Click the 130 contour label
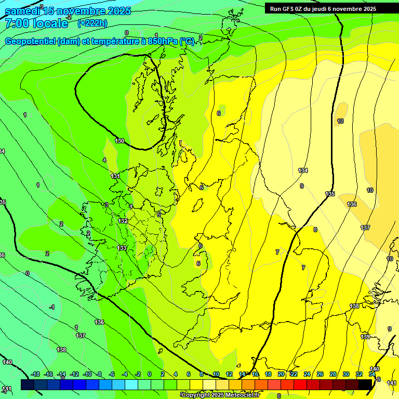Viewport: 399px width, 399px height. pyautogui.click(x=119, y=141)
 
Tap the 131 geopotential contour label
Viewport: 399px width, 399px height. pyautogui.click(x=115, y=176)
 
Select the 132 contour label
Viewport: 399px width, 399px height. pyautogui.click(x=123, y=221)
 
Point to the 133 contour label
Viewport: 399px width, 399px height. pyautogui.click(x=122, y=248)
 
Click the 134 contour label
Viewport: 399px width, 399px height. pyautogui.click(x=303, y=170)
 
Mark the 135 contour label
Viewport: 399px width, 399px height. pyautogui.click(x=330, y=194)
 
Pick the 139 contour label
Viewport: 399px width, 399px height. pyautogui.click(x=365, y=337)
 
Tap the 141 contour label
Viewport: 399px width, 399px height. pyautogui.click(x=392, y=383)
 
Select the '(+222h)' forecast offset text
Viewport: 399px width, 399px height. pyautogui.click(x=92, y=23)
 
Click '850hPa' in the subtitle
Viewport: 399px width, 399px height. pyautogui.click(x=162, y=42)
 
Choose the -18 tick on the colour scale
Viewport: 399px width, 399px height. pyautogui.click(x=36, y=374)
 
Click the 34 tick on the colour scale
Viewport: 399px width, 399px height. pyautogui.click(x=372, y=374)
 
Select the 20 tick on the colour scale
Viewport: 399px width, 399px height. pyautogui.click(x=281, y=374)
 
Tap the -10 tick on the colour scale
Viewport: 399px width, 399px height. pyautogui.click(x=87, y=374)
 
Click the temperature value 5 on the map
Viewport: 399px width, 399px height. pyautogui.click(x=159, y=214)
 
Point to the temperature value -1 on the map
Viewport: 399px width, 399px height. pyautogui.click(x=51, y=307)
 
